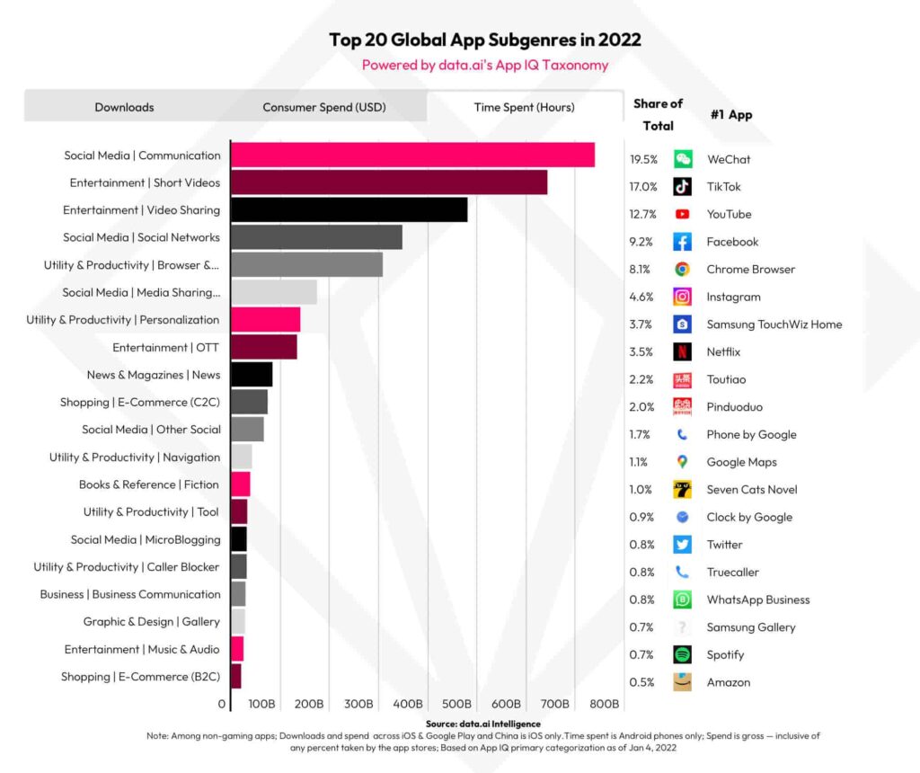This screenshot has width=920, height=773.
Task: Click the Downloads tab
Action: coord(124,107)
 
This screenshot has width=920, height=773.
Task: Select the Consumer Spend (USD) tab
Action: coord(323,107)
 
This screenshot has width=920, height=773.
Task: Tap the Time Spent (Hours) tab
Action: coord(524,107)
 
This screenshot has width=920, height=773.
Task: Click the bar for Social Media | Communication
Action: coord(412,155)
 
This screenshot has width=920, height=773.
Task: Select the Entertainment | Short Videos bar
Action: coord(389,182)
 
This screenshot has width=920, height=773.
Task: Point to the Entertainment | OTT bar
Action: coord(264,347)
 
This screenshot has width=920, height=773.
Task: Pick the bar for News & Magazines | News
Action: coord(252,375)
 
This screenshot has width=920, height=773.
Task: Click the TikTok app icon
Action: coord(683,187)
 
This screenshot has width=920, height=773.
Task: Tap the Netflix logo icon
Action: coord(683,351)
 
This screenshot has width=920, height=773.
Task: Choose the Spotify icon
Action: coord(683,654)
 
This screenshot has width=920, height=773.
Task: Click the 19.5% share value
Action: coord(643,159)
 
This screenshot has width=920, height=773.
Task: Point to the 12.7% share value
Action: coord(643,214)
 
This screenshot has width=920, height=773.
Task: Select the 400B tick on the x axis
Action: coord(409,703)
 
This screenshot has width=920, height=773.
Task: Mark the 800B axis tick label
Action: coord(606,703)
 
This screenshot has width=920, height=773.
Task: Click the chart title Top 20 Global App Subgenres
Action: coord(485,40)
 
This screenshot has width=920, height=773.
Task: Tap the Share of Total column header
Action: coord(658,114)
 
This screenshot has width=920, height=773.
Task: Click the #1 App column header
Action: coord(730,114)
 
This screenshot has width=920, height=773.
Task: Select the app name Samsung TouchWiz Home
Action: coord(774,324)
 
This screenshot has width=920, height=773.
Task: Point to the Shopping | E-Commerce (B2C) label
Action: coord(140,676)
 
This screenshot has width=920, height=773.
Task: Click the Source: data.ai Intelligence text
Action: coord(482,724)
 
